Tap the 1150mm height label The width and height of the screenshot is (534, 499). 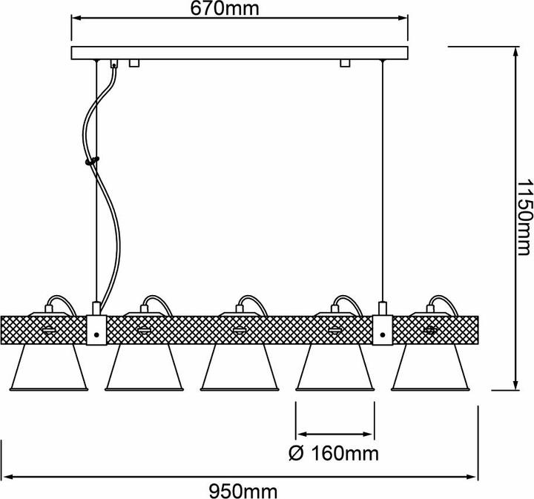click(524, 217)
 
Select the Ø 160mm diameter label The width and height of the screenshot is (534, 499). click(332, 452)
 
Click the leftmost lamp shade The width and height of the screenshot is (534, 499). click(49, 368)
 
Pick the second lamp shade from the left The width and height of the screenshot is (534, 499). click(145, 368)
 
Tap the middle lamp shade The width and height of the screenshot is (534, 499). click(240, 368)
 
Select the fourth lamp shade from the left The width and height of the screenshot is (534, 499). click(334, 368)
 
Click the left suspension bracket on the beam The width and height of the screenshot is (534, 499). click(97, 329)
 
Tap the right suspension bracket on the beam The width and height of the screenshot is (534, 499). click(383, 329)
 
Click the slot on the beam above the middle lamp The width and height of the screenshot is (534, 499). click(240, 328)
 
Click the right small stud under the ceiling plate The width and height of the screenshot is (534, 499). click(344, 65)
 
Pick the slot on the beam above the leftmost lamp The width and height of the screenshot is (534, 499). click(49, 328)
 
